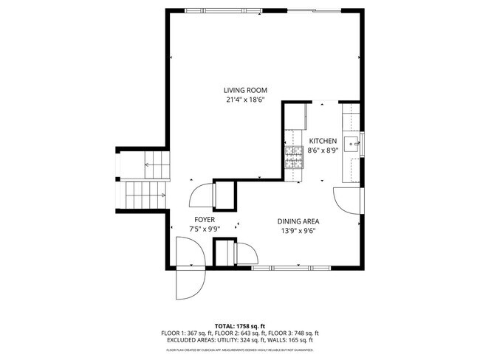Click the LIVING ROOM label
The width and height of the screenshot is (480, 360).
[x=246, y=90]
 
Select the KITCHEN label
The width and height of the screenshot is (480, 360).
[x=323, y=141]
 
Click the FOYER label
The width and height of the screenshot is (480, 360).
[x=205, y=220]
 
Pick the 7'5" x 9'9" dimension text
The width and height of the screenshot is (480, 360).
[x=205, y=229]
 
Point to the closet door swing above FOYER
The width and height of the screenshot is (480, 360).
[x=201, y=196]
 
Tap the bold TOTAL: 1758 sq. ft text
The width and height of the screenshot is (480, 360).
[x=239, y=325]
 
